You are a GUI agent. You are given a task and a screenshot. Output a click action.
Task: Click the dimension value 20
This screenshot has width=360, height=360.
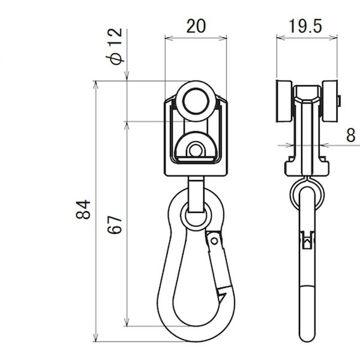coord(196,26)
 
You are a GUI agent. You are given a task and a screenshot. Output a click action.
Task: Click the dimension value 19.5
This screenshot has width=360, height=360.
coord(305,26)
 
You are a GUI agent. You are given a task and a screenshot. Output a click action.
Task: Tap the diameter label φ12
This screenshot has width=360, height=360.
coord(114,47)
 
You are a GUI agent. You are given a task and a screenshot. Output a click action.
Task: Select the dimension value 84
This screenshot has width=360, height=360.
coord(83,209)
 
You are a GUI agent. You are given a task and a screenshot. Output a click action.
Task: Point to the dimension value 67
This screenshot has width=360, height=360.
coord(115,224)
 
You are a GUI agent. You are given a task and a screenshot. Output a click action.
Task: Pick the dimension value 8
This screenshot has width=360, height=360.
coord(350,135)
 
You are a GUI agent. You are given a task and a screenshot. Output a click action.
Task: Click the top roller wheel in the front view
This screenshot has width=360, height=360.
coord(196,101)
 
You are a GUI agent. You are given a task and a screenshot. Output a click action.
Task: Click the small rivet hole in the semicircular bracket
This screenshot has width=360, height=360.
coord(195,151)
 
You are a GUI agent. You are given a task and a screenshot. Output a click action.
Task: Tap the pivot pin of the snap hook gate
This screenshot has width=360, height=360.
coord(214,241)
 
